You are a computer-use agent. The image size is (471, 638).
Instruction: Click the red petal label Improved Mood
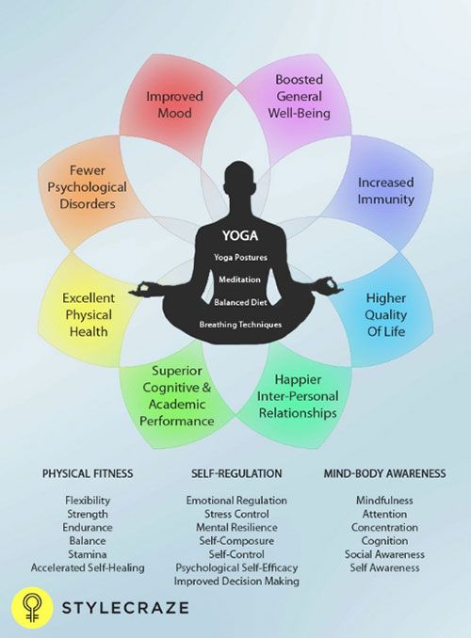tap(174, 104)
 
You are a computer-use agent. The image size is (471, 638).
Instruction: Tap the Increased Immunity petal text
tap(385, 191)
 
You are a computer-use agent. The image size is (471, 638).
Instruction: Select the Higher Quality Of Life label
tap(385, 314)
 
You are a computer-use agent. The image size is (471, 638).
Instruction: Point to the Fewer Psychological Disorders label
tap(88, 186)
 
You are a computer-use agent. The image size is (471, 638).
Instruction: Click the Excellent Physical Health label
tap(88, 314)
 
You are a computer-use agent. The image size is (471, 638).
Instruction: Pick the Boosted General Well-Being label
tap(299, 96)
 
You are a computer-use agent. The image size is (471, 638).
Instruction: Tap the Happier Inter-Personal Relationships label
tap(298, 396)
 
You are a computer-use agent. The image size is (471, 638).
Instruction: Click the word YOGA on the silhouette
tap(240, 235)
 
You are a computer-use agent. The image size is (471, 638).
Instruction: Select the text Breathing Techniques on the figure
tap(240, 325)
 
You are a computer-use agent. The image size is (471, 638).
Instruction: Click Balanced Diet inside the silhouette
tap(240, 302)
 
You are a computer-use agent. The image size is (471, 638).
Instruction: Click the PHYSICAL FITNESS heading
tap(88, 473)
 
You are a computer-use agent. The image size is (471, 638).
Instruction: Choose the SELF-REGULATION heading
tap(236, 473)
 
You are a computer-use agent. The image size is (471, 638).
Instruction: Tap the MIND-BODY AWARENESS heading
tap(384, 473)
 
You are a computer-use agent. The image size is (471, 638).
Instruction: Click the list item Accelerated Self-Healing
tap(88, 567)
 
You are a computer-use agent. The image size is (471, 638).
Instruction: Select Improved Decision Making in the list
tap(236, 581)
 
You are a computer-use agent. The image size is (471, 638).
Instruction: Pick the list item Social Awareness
tap(384, 554)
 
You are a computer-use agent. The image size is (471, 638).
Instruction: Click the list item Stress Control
tap(236, 514)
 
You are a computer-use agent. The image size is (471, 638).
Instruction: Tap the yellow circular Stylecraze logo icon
tap(32, 608)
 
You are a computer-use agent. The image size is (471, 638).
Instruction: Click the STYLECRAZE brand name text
tap(125, 608)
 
